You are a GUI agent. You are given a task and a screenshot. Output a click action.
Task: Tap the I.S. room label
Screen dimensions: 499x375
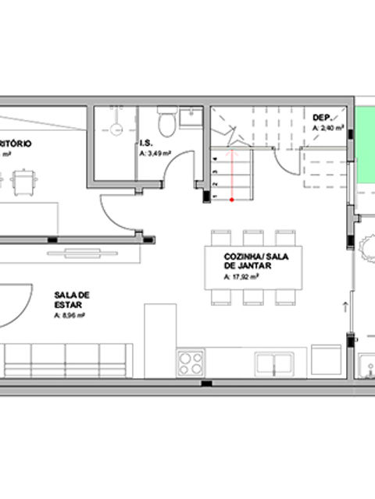[x=145, y=143]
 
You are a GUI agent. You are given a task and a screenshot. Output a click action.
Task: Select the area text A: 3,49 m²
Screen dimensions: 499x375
[x=155, y=154]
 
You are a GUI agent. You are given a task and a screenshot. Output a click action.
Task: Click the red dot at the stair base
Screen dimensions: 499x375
[x=231, y=201]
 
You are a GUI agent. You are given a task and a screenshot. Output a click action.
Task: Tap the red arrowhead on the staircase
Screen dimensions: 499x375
[x=231, y=154]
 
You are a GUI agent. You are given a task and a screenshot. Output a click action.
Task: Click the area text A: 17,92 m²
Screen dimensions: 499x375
[x=242, y=277]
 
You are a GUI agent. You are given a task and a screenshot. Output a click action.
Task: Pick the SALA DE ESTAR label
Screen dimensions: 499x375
[x=73, y=299]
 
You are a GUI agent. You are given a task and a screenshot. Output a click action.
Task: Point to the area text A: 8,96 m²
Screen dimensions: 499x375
[x=70, y=316]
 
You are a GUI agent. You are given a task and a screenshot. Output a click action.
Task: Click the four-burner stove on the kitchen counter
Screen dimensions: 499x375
[x=191, y=363]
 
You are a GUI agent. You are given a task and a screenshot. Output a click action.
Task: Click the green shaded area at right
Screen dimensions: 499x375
[x=365, y=148]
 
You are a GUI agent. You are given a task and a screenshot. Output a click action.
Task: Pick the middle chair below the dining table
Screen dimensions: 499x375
[x=252, y=296]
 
